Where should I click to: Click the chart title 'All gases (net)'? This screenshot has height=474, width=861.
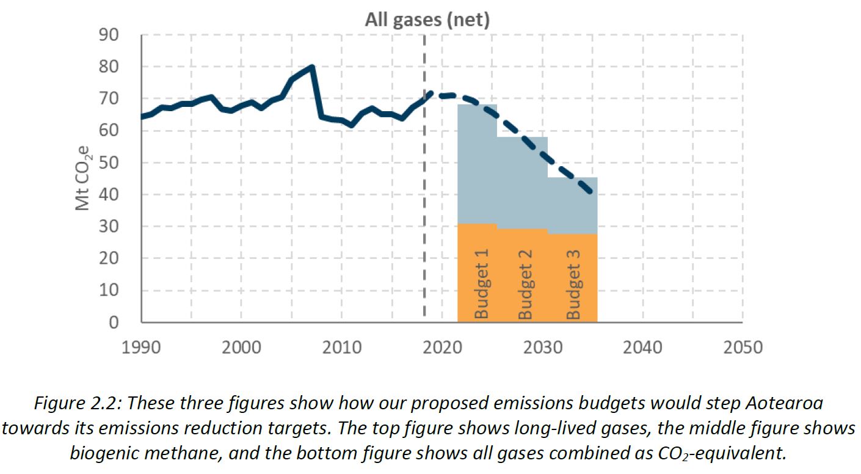[427, 20]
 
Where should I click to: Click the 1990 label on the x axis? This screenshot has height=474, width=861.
[142, 348]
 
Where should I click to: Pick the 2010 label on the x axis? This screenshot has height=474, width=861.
[342, 348]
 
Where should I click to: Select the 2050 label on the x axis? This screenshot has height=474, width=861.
[743, 348]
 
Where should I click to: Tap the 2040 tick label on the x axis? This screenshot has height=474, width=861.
[642, 348]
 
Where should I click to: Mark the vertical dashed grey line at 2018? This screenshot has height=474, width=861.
[424, 183]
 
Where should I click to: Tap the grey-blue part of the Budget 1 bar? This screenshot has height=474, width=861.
[477, 165]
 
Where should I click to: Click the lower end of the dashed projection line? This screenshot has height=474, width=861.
[590, 193]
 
